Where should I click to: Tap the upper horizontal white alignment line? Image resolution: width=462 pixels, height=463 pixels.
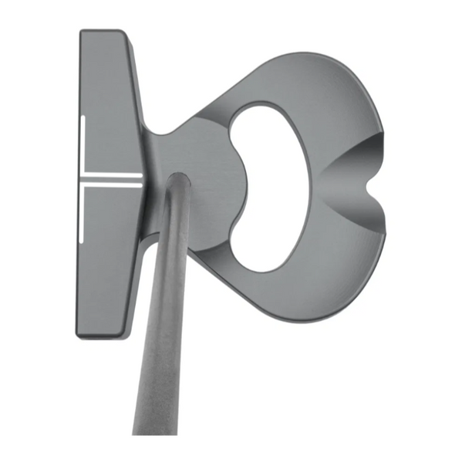[112, 174]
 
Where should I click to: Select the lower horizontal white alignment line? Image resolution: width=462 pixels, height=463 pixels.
[112, 185]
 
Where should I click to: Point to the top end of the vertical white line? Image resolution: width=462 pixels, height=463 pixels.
[80, 117]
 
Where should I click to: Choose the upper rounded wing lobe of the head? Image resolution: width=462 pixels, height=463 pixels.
[324, 85]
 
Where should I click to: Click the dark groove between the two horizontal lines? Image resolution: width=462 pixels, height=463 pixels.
[112, 179]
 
